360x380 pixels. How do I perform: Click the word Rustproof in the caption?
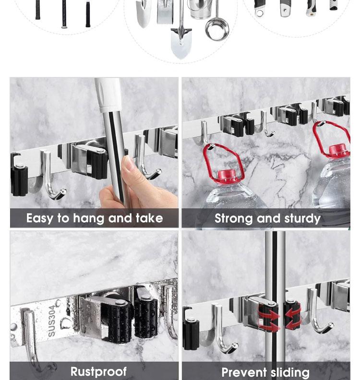(x=98, y=371)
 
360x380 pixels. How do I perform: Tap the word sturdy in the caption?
(x=302, y=219)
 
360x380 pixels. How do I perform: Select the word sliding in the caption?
(x=290, y=372)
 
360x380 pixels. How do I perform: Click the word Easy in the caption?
(x=39, y=219)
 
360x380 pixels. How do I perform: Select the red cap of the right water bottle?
(x=337, y=150)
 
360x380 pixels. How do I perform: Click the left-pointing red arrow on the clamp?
(x=293, y=315)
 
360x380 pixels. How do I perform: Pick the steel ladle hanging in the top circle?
(x=217, y=24)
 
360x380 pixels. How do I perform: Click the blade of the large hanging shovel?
(x=181, y=44)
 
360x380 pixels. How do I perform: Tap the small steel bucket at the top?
(x=201, y=9)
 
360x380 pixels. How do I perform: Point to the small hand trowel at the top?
(x=144, y=12)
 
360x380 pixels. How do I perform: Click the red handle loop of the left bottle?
(x=223, y=162)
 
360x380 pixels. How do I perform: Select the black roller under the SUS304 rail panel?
(x=120, y=321)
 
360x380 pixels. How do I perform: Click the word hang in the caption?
(x=89, y=219)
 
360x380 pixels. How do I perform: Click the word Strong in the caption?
(x=233, y=219)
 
